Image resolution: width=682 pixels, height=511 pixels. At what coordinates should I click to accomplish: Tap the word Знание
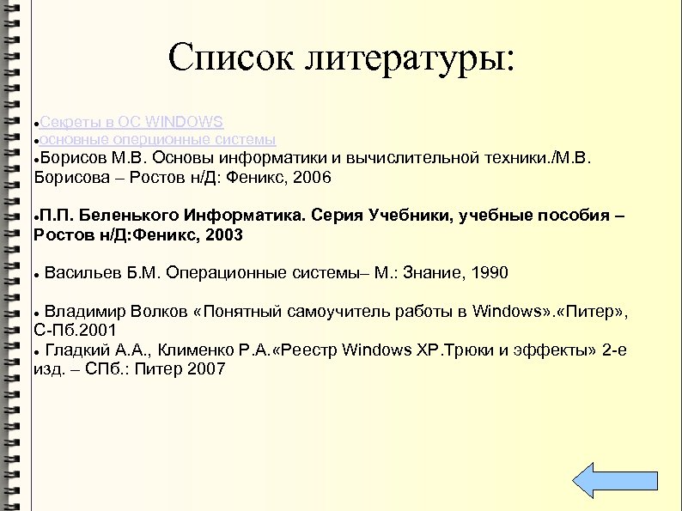click(434, 273)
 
